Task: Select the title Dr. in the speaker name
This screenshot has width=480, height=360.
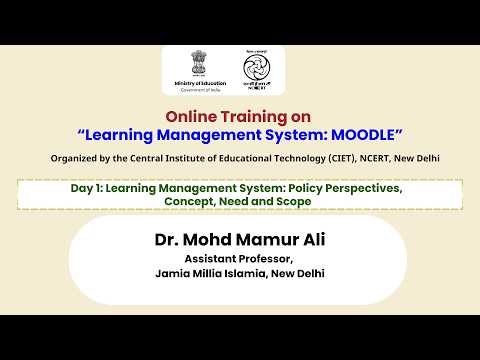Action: coord(168,240)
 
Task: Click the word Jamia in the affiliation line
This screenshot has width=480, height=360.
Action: coord(171,273)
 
